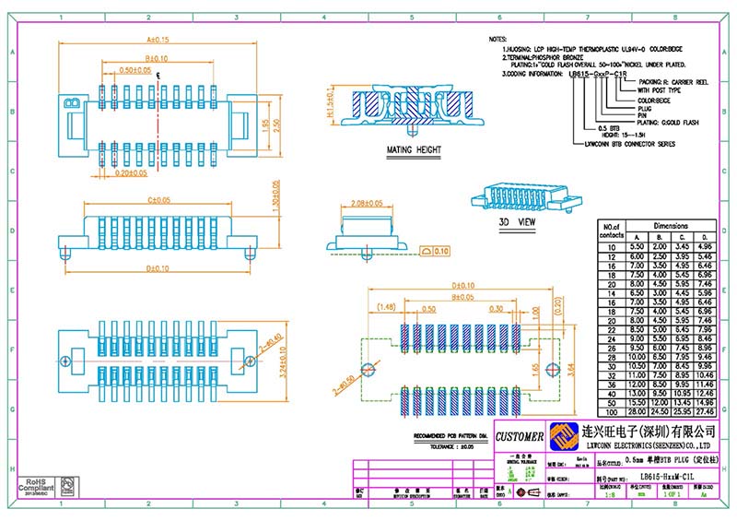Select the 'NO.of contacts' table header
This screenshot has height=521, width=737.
[613, 230]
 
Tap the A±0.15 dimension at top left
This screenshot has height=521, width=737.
[158, 40]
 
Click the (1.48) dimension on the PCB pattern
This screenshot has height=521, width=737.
[385, 307]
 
